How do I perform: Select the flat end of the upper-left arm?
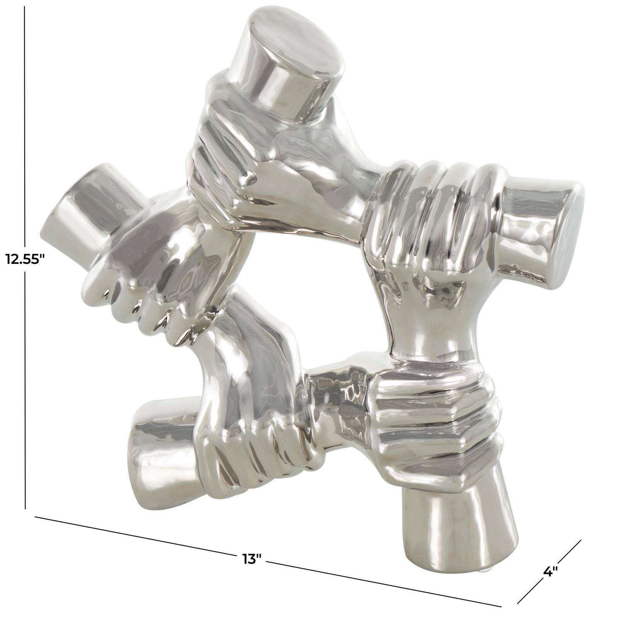click(58, 216)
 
